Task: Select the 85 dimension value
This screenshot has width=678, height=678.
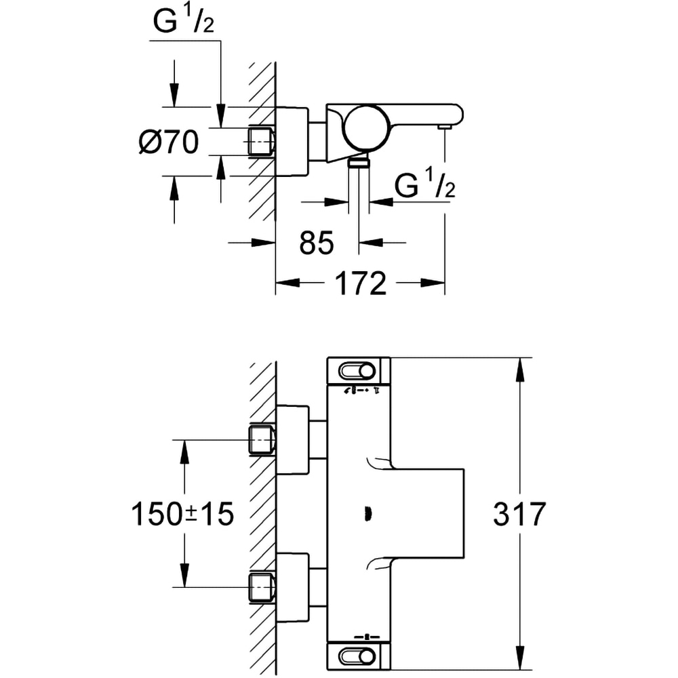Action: (317, 243)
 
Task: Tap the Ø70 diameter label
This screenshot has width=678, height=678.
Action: (168, 142)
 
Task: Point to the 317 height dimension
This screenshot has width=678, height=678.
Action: (519, 515)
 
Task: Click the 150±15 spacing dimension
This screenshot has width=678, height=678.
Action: (182, 515)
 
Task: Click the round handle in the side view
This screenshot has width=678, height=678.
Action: (366, 128)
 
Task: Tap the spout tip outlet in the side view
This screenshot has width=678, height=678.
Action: (445, 126)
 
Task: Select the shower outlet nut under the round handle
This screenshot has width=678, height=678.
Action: (359, 161)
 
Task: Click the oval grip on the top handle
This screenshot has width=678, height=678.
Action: (356, 371)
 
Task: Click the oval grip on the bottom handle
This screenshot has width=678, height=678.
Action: (356, 656)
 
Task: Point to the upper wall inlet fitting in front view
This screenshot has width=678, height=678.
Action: (262, 439)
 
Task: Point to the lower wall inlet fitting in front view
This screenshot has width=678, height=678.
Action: (262, 586)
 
